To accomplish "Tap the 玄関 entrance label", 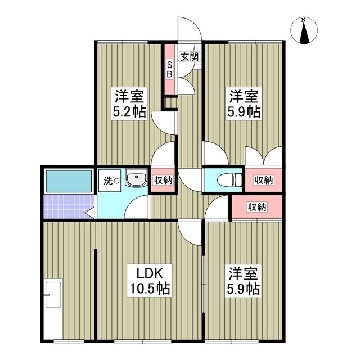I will (x=188, y=56).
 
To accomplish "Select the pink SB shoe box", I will (x=169, y=70).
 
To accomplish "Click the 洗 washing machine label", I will (x=107, y=181).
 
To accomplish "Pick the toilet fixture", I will (x=231, y=181).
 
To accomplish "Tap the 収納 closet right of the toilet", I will (x=263, y=180).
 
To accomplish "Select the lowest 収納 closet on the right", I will (x=257, y=207).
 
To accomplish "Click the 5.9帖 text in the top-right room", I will (x=244, y=111).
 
